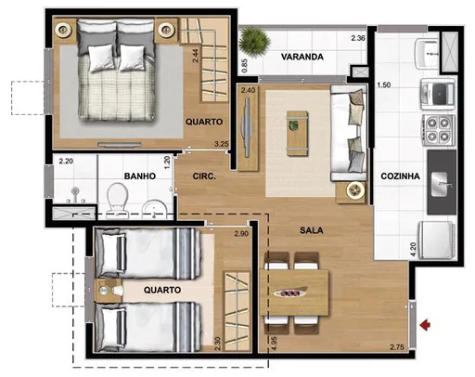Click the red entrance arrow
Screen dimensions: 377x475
[x=427, y=324]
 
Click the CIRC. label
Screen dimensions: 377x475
[x=205, y=176]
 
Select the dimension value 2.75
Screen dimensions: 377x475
[x=396, y=347]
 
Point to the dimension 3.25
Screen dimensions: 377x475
[x=221, y=144]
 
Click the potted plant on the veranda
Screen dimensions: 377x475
[x=252, y=41]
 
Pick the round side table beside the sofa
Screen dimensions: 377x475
[x=353, y=190]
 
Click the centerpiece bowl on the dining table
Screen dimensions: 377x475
[x=295, y=287]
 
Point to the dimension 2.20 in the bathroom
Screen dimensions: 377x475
[x=65, y=161]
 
